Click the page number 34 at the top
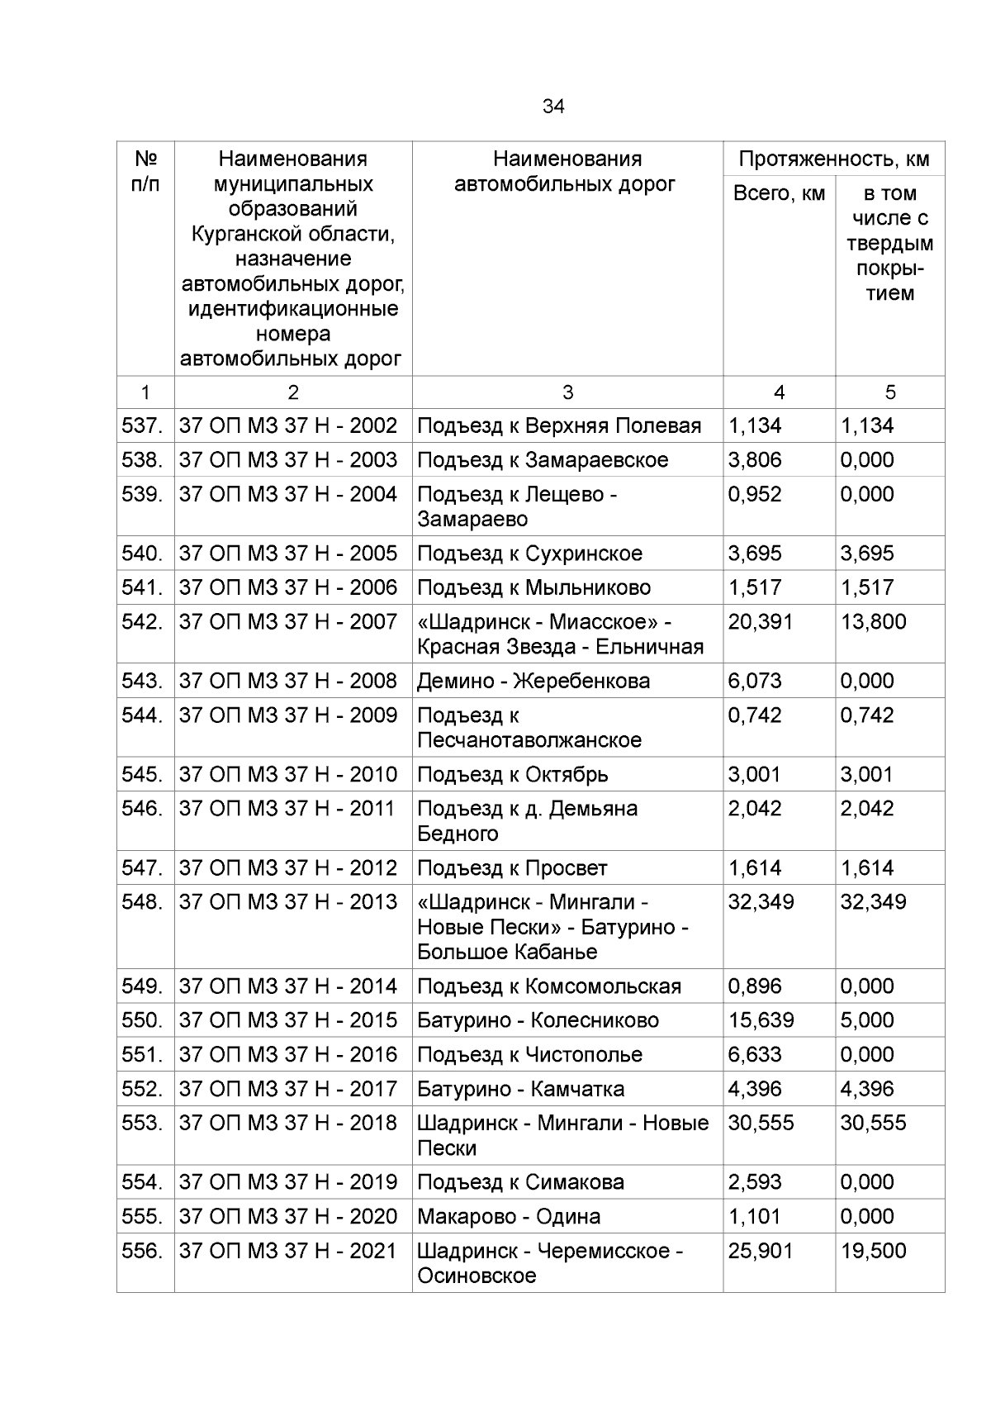click(x=553, y=107)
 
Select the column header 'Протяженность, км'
click(x=834, y=159)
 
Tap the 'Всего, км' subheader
click(x=779, y=193)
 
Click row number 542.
click(x=142, y=621)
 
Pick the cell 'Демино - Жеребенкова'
click(x=533, y=681)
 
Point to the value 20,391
click(x=760, y=621)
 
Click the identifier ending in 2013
click(x=288, y=901)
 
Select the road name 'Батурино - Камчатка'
click(x=520, y=1089)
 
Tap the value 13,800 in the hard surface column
click(x=873, y=621)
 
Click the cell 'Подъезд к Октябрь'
click(x=512, y=774)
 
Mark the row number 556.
click(x=142, y=1250)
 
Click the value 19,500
click(x=873, y=1251)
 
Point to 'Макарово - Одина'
click(x=508, y=1216)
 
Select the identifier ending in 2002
click(x=288, y=425)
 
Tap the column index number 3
click(x=567, y=392)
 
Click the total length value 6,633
click(x=754, y=1054)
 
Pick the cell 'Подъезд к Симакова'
click(x=520, y=1182)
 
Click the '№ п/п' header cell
click(x=145, y=171)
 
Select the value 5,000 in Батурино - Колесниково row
click(x=866, y=1020)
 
